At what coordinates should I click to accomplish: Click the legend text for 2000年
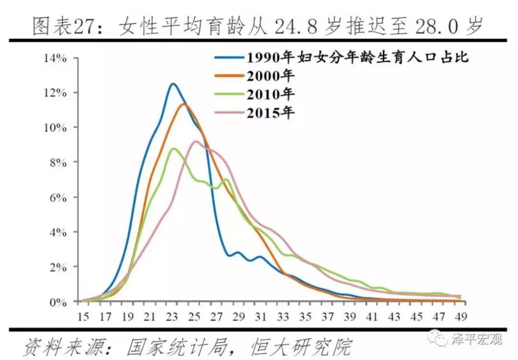(x=271, y=76)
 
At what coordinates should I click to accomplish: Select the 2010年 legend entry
(x=271, y=94)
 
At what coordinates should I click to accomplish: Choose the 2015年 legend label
(x=271, y=113)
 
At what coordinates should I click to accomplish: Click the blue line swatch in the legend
(x=229, y=58)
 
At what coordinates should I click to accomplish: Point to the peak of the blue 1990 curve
(x=173, y=84)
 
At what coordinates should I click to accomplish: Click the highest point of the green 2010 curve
(x=174, y=149)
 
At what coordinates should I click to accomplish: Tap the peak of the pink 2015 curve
(x=196, y=141)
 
